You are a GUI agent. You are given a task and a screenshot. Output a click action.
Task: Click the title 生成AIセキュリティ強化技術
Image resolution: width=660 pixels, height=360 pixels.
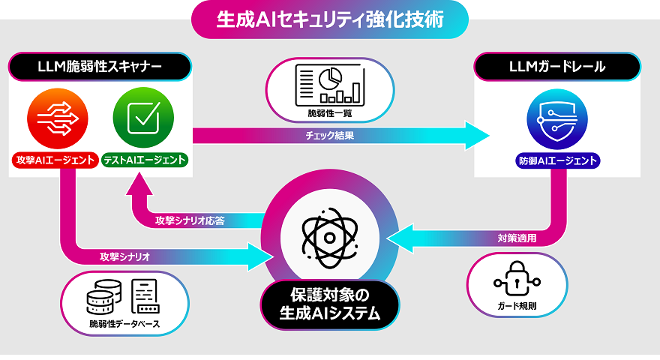point(330,19)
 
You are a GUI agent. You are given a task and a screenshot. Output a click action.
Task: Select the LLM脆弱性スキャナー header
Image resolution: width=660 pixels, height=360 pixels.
point(100,67)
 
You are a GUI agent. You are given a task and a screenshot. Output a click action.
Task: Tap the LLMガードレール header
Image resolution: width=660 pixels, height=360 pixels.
point(557,67)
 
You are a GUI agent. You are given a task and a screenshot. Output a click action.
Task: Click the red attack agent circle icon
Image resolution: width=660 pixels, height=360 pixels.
point(57,119)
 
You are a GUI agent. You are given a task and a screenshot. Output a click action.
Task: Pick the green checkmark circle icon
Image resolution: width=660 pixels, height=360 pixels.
point(142,119)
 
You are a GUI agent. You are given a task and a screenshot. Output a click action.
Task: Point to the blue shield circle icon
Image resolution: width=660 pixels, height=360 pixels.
point(557,120)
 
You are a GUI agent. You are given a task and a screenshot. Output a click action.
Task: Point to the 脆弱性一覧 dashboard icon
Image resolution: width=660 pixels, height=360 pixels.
point(328,83)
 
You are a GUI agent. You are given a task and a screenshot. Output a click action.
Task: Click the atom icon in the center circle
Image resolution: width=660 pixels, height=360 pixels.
point(328,235)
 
